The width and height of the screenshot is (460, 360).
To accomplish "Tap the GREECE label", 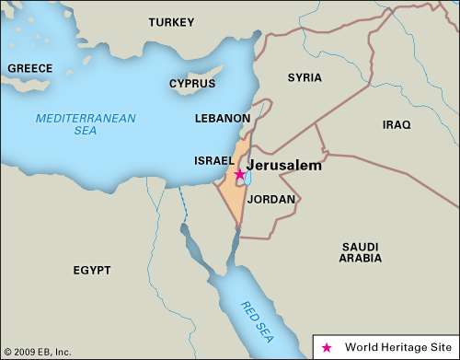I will [30, 68].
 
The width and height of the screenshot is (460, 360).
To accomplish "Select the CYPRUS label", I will [192, 84].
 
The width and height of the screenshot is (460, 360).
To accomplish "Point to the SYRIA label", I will [305, 77].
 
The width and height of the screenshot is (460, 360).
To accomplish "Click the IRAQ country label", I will [397, 123].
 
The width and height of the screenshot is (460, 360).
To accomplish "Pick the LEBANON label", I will [222, 119].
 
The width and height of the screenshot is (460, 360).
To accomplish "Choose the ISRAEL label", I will [214, 160].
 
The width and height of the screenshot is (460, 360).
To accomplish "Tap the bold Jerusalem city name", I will [283, 166].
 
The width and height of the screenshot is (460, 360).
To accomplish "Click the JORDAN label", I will [270, 199].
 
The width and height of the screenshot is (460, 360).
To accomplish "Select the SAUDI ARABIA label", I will [360, 252].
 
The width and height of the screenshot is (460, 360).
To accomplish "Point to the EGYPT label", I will [92, 271].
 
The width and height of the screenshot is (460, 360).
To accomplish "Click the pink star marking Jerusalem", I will [239, 174].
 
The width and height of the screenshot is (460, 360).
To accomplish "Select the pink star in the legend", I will [326, 347].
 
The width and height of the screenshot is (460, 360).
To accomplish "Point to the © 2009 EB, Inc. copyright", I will [37, 352].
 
